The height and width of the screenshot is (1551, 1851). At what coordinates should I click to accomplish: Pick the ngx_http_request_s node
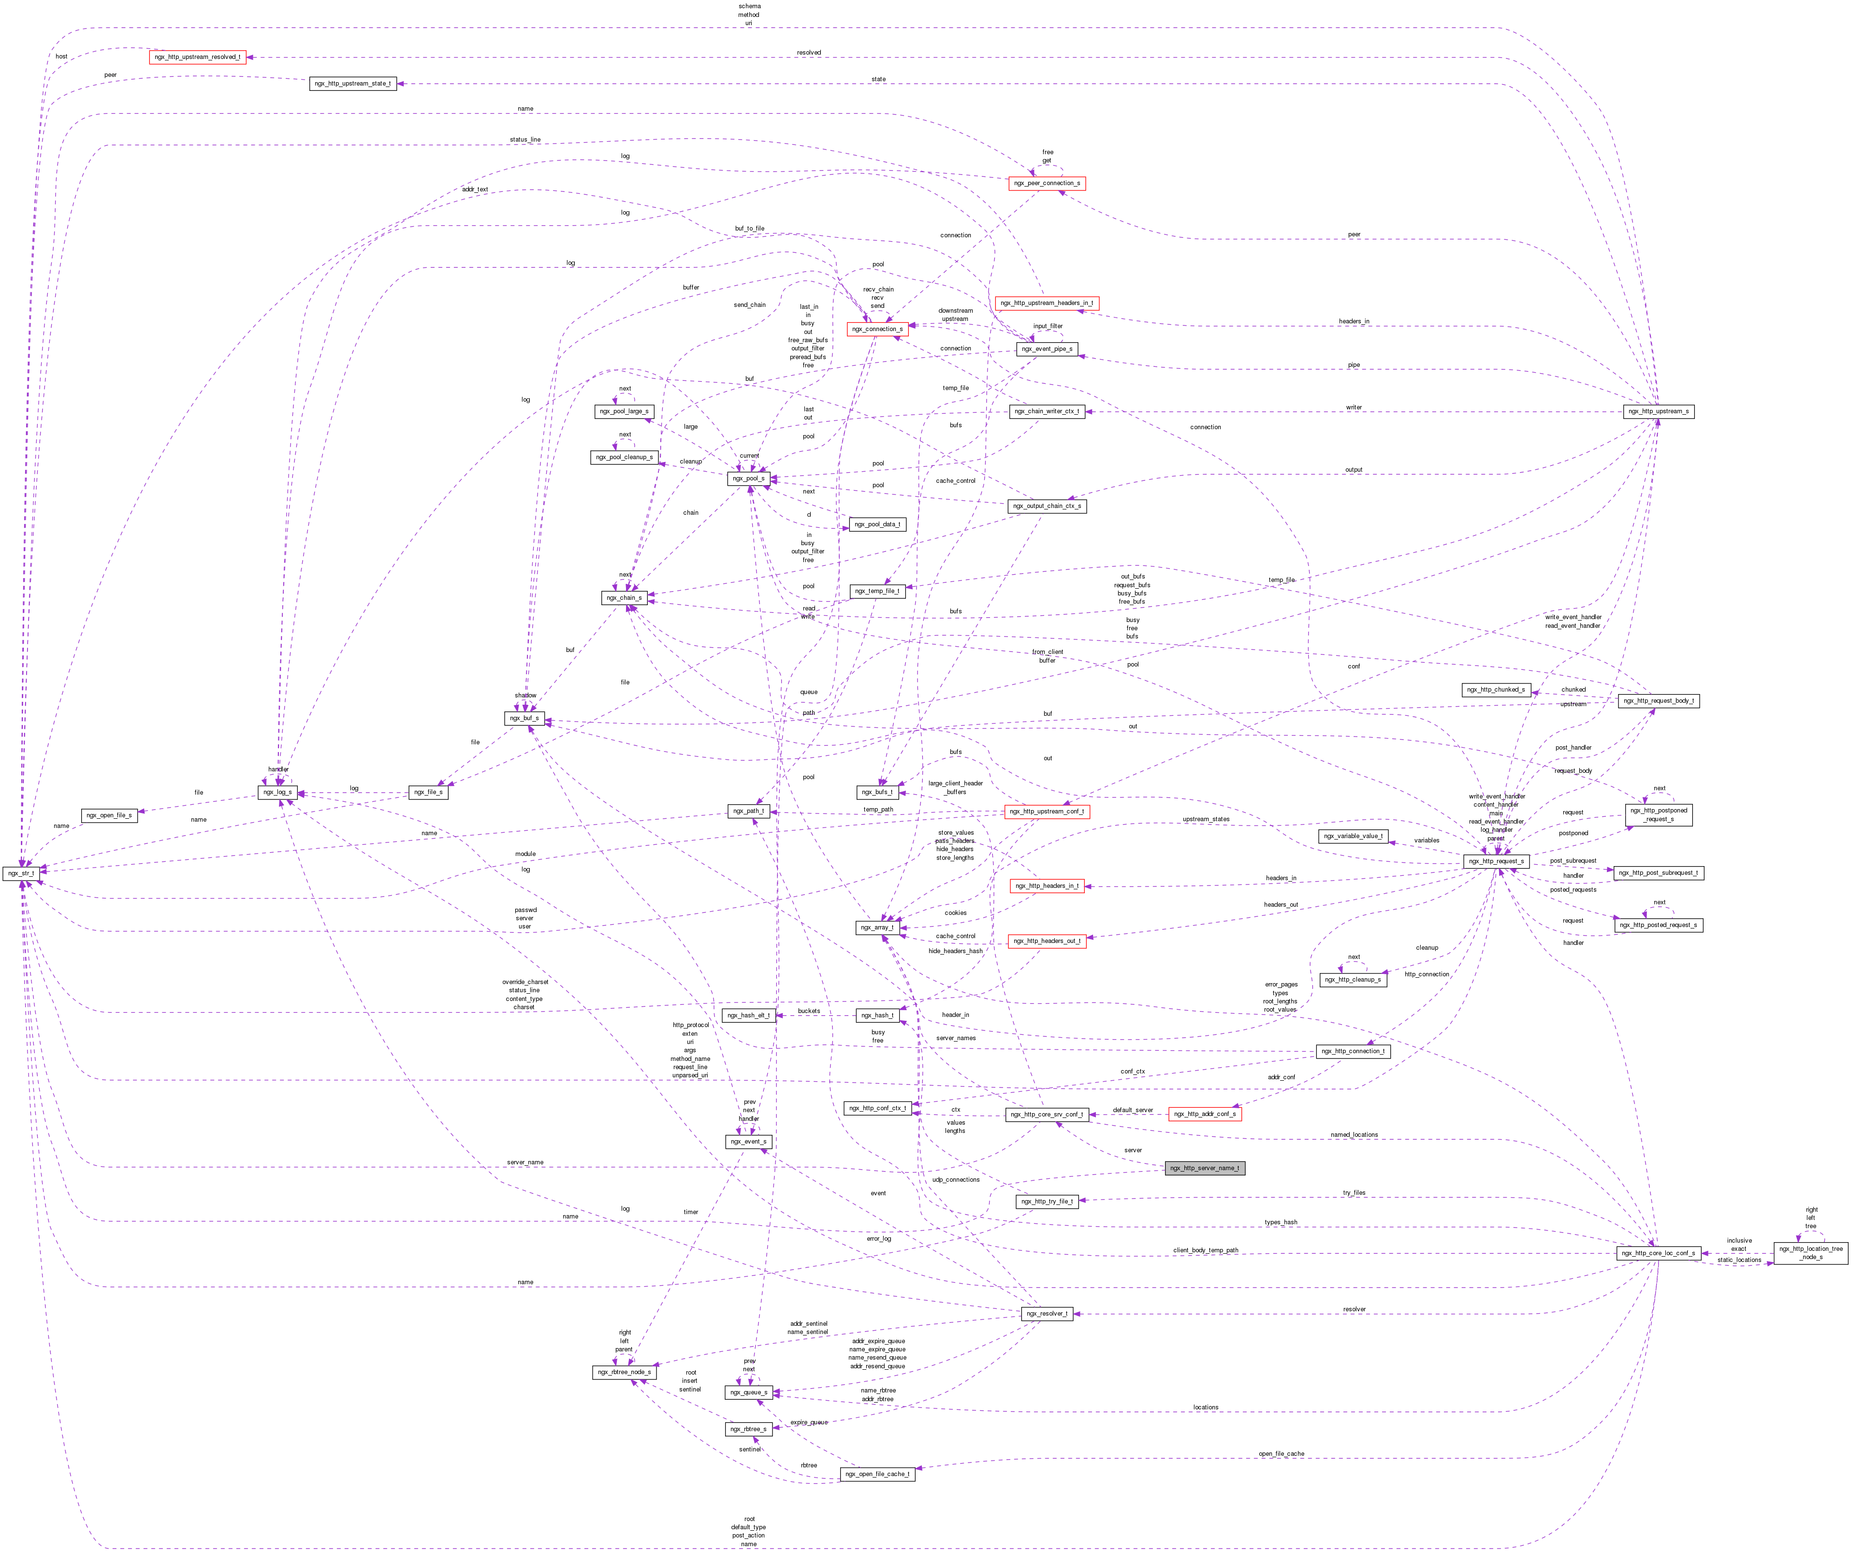[1496, 861]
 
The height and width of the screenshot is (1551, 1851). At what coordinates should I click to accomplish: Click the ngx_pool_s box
[748, 478]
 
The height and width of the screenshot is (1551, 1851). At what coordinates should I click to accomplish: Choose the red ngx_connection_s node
[877, 329]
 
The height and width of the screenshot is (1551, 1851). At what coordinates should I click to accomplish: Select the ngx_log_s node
[277, 792]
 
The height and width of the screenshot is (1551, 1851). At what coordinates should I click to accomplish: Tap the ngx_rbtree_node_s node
[624, 1372]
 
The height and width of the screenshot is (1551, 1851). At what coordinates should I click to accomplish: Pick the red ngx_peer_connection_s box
[1046, 183]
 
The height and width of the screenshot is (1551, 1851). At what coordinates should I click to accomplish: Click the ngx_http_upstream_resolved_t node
[197, 57]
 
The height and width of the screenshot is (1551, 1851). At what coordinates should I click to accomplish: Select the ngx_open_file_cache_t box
[877, 1474]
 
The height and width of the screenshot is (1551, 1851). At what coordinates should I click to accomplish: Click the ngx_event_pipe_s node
[1046, 349]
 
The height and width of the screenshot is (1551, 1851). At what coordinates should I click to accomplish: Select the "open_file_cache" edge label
[1281, 1453]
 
